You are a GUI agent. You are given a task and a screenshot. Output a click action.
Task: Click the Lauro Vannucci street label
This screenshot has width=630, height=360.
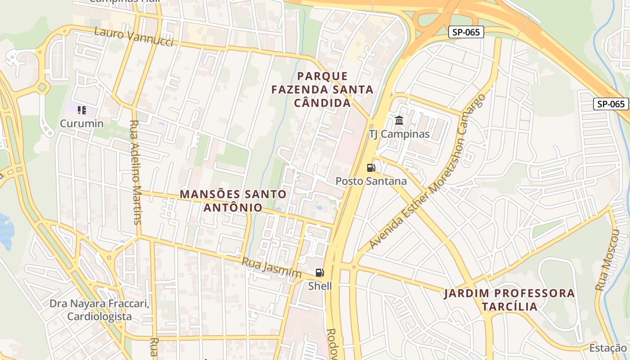[x=134, y=36]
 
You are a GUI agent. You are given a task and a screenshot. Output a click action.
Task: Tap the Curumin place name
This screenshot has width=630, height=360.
[x=82, y=123]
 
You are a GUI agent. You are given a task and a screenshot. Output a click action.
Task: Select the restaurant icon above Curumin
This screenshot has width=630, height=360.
[x=81, y=110]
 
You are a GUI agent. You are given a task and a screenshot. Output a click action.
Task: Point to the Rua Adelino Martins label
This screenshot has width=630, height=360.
[x=135, y=172]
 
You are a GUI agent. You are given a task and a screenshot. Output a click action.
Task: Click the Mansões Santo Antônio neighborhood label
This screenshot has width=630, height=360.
[x=233, y=201]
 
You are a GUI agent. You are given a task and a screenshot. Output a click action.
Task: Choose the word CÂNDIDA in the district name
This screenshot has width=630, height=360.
[x=322, y=103]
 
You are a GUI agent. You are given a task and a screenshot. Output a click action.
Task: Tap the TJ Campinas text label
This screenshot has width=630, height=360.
[x=399, y=134]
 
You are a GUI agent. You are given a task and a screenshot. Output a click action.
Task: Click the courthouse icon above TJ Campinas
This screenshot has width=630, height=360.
[x=399, y=121]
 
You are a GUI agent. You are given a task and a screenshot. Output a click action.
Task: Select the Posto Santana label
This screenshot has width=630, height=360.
[x=371, y=181]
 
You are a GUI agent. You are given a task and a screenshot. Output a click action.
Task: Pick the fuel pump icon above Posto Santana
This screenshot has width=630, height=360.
[x=371, y=168]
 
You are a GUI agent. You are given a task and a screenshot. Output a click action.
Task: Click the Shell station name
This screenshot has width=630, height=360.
[x=320, y=286]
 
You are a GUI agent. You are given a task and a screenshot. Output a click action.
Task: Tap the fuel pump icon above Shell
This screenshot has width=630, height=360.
[x=319, y=272]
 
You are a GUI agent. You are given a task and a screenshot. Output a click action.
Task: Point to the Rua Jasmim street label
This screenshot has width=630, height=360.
[x=271, y=268]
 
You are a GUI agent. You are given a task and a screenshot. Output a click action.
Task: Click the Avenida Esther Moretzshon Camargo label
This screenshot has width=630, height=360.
[x=427, y=172]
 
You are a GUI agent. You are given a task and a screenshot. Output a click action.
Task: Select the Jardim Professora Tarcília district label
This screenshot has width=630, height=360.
[x=509, y=300]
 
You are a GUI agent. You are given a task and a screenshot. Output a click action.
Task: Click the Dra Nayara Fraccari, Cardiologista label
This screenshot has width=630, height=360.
[x=99, y=310]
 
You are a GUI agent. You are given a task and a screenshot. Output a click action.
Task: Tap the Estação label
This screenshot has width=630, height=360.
[x=607, y=348]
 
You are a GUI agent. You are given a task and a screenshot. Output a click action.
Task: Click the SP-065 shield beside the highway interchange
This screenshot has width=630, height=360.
[x=466, y=32]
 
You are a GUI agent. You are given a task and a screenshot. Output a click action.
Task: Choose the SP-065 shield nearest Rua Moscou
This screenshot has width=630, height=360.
[x=611, y=104]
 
